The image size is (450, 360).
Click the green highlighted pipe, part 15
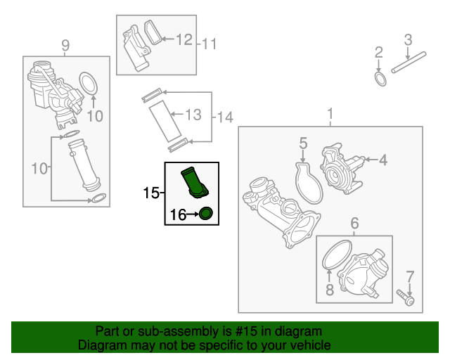(194, 183)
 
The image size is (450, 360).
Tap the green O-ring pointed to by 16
(206, 214)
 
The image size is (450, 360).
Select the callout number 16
(178, 214)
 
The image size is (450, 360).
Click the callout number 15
(150, 193)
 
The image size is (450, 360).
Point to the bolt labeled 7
(406, 297)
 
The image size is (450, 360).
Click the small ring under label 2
(380, 79)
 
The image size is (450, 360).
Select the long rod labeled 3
(409, 62)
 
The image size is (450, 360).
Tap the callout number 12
(184, 39)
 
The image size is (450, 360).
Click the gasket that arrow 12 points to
(153, 32)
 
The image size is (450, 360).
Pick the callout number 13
(193, 115)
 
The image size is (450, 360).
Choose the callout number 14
(225, 117)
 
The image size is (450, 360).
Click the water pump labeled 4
(342, 169)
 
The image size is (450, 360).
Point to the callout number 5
(303, 143)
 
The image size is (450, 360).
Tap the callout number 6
(354, 223)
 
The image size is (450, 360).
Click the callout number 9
(65, 45)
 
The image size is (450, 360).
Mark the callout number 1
(330, 114)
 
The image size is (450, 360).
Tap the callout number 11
(209, 44)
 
